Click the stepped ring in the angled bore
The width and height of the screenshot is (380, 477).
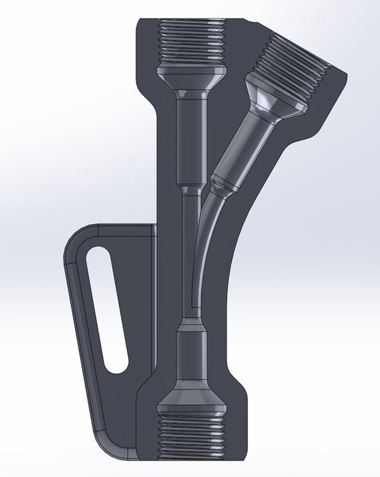point(225,182)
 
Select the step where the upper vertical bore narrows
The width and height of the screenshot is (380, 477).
point(191,188)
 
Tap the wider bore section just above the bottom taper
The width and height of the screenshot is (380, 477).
point(191,352)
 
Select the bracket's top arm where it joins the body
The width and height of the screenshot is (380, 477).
point(143,230)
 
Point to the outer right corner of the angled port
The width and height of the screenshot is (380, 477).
point(345,74)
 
